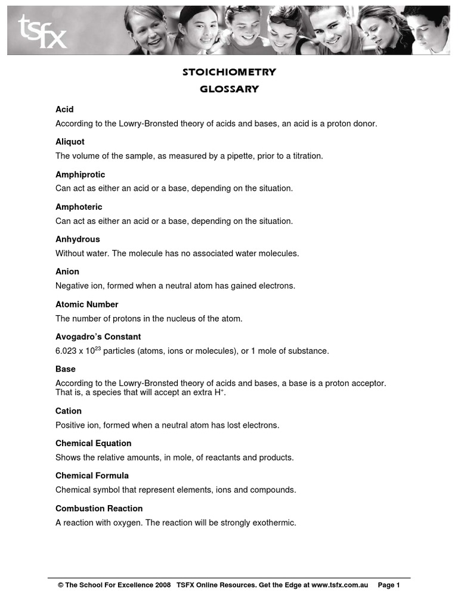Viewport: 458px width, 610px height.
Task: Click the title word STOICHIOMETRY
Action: (x=229, y=72)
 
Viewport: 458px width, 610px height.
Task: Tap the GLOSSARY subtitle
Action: (x=229, y=89)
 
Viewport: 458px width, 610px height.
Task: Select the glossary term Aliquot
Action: (x=70, y=142)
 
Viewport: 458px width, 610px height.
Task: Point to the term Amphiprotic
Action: (x=80, y=175)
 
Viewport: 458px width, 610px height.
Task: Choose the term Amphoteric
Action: (x=79, y=207)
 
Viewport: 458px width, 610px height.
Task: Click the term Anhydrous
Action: (x=78, y=239)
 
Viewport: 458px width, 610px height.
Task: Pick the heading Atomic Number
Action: (x=86, y=304)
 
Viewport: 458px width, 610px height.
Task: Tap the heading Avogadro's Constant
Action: (x=98, y=337)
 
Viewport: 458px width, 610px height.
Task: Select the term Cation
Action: (x=69, y=411)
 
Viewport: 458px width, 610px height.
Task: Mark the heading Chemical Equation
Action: (x=93, y=443)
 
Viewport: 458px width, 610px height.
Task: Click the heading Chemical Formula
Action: (x=92, y=475)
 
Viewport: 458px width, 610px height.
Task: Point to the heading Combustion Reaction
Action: (x=99, y=508)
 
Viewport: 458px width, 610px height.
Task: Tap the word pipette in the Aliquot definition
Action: (x=239, y=156)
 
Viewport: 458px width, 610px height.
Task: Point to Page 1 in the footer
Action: (x=389, y=586)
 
